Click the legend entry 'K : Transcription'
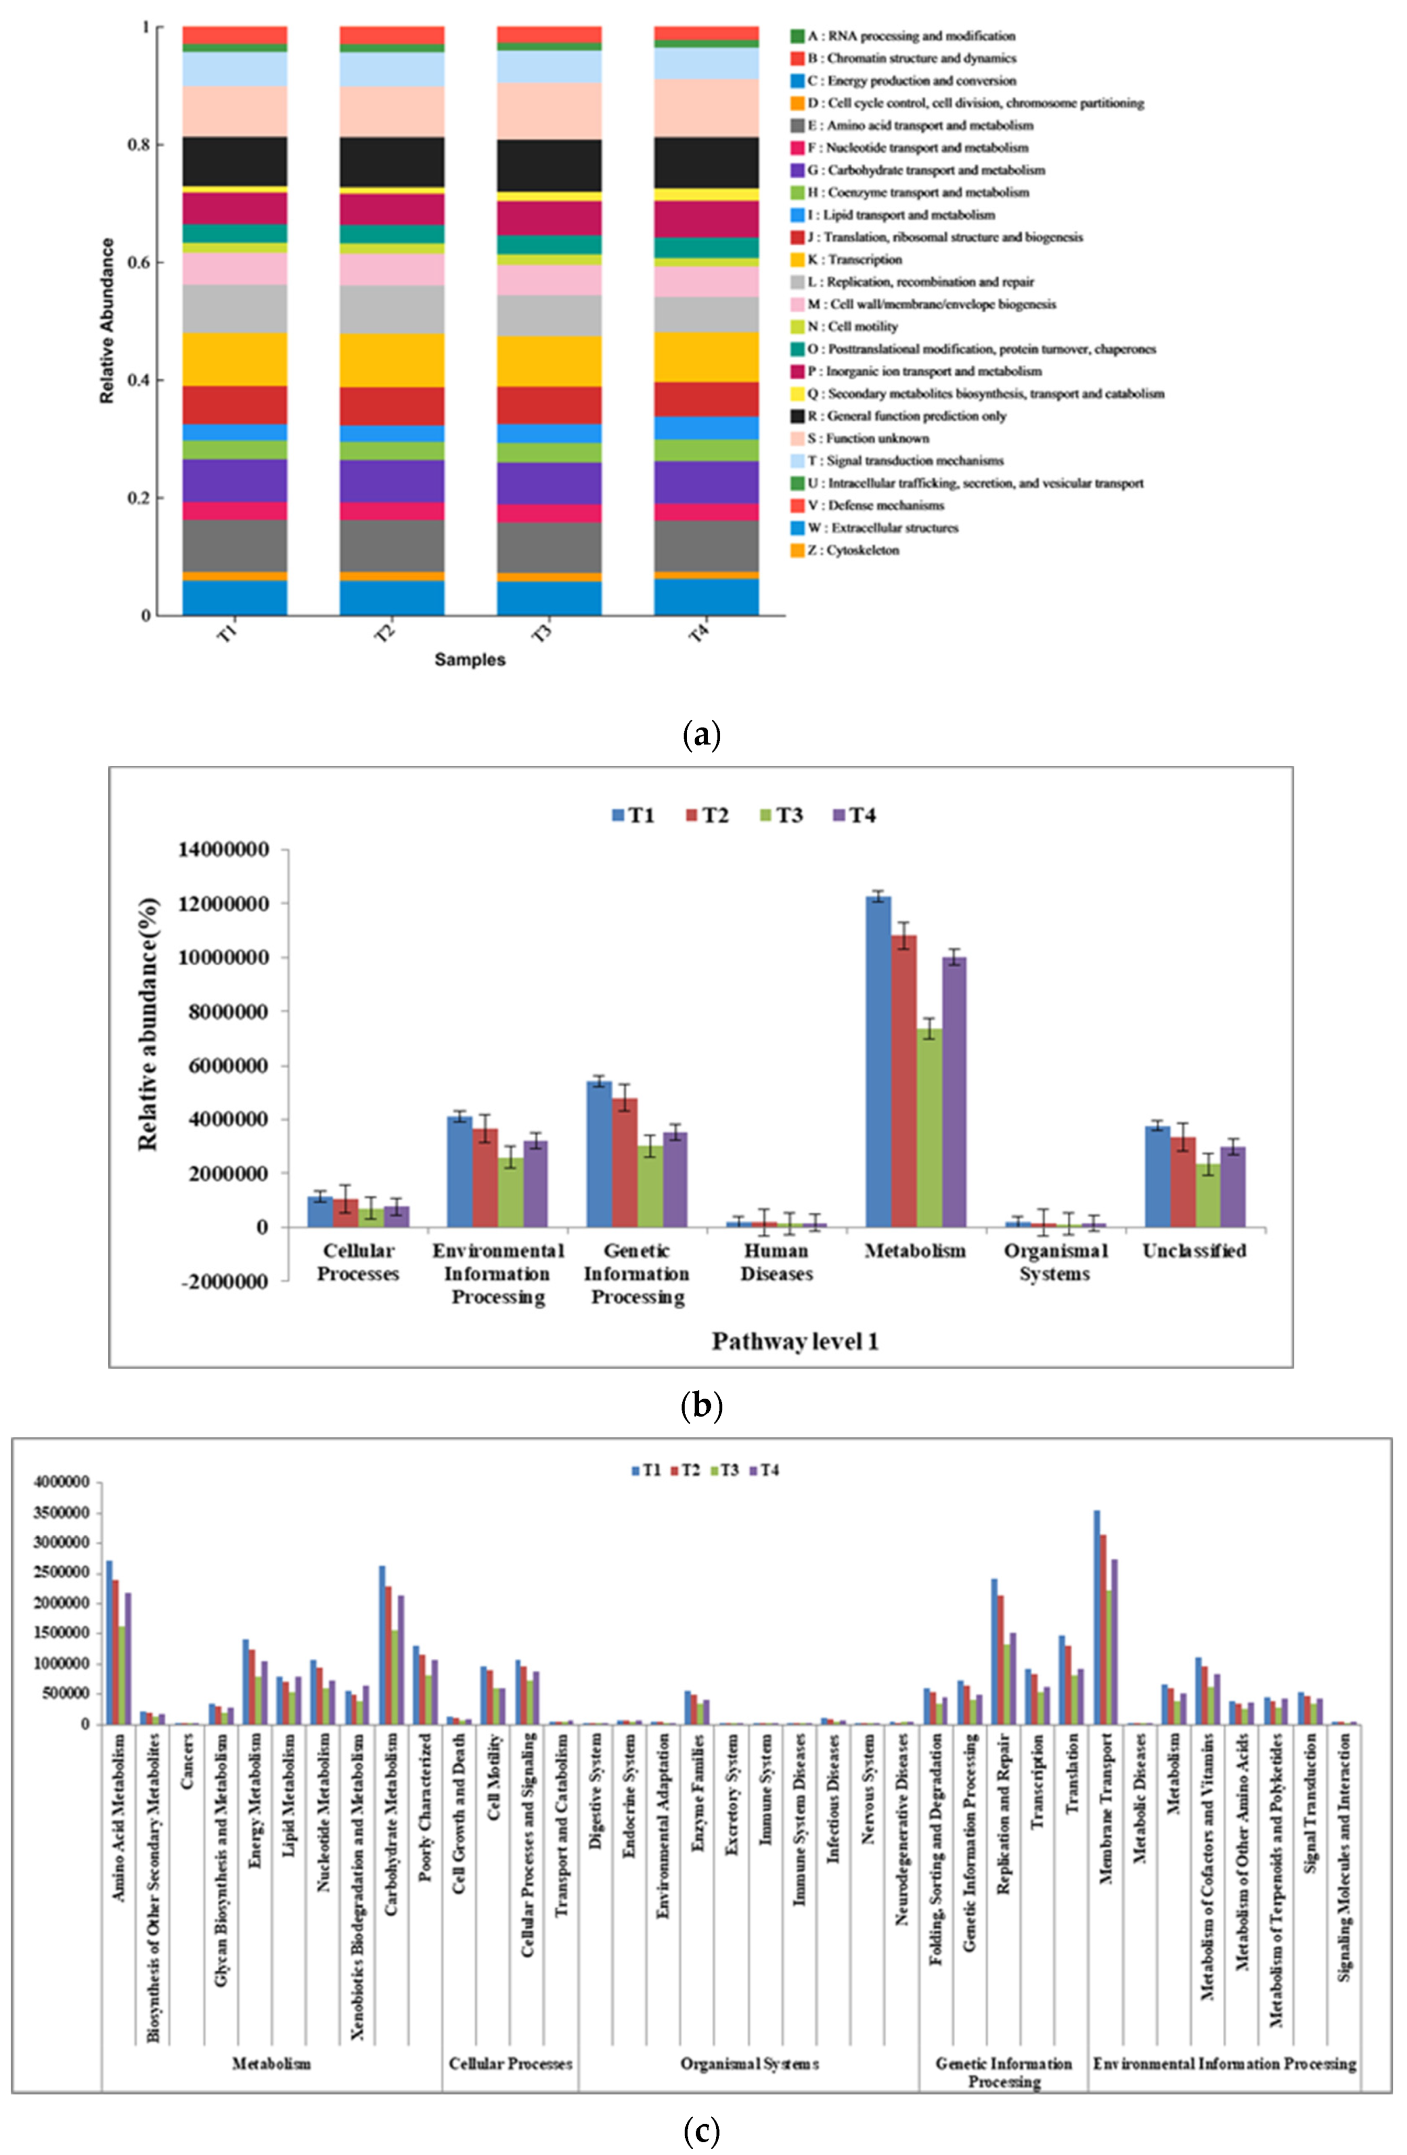coord(856,260)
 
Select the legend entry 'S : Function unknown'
coord(869,438)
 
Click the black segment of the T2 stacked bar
coord(392,162)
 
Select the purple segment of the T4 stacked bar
coord(706,482)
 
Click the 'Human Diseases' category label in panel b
coord(776,1262)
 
